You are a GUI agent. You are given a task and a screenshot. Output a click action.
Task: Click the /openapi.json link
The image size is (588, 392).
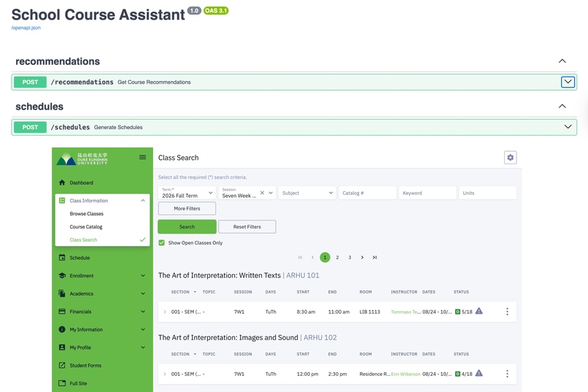26,28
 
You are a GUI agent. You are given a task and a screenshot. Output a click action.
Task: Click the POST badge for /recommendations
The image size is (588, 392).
30,82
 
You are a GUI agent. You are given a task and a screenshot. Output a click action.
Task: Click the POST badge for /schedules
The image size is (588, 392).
30,127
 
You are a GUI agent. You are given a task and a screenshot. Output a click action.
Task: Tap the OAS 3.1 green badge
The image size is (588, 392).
216,11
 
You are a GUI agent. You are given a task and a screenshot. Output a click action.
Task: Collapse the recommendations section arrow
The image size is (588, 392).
562,61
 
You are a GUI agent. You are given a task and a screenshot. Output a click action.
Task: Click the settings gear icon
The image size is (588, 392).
510,158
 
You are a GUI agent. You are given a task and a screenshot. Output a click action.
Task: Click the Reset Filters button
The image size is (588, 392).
247,227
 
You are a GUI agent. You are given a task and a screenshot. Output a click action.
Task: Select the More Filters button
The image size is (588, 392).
187,208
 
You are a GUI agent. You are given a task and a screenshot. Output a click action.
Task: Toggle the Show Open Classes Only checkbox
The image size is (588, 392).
162,243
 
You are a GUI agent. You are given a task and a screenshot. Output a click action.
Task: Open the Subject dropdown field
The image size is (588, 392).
307,193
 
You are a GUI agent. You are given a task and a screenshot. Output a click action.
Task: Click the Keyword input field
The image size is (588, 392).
428,193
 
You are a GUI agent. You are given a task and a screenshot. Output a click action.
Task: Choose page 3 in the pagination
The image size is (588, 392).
349,258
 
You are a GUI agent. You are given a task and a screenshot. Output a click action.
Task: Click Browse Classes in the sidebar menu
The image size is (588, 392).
87,214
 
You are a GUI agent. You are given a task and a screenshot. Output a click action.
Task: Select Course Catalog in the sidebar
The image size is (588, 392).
86,227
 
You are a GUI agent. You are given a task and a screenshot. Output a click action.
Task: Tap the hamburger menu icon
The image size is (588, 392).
142,157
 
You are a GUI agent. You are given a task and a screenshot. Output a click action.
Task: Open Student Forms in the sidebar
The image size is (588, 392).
85,365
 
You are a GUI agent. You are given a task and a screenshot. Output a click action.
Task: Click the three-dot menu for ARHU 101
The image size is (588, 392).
507,312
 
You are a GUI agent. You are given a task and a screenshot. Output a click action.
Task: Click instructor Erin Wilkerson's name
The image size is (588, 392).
406,374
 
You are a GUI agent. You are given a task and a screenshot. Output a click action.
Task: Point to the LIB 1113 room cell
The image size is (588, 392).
370,312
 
